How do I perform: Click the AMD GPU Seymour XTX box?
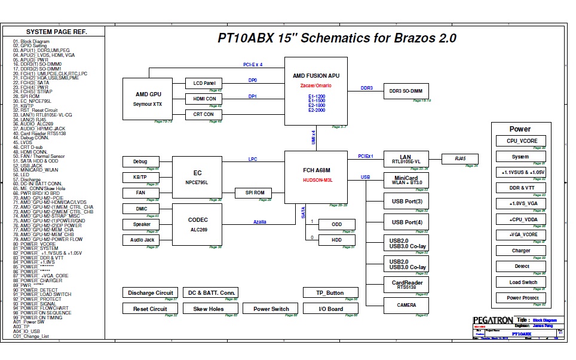[x=148, y=99]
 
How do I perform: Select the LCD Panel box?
[x=204, y=83]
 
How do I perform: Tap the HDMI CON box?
[x=204, y=99]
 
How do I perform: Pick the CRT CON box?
[x=204, y=114]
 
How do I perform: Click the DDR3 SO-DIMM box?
[x=406, y=91]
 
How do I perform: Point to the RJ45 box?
[x=459, y=158]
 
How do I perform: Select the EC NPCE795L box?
[x=197, y=177]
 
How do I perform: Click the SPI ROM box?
[x=254, y=193]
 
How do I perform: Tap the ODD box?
[x=336, y=224]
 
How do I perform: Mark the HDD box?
[x=336, y=240]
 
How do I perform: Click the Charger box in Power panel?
[x=520, y=251]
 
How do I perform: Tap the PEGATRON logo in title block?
[x=492, y=320]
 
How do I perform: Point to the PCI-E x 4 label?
[x=252, y=64]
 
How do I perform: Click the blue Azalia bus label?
[x=259, y=222]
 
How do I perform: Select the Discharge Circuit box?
[x=150, y=293]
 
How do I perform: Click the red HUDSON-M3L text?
[x=317, y=179]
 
